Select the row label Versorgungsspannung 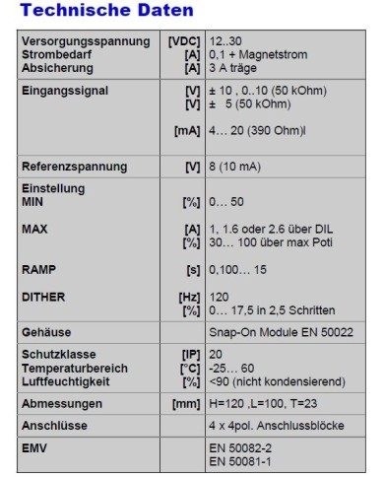[78, 40]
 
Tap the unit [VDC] [182, 40]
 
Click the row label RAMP [39, 268]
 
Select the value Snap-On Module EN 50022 [280, 333]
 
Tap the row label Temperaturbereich [78, 367]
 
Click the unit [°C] [188, 367]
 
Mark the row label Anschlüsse [55, 427]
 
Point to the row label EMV [35, 447]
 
